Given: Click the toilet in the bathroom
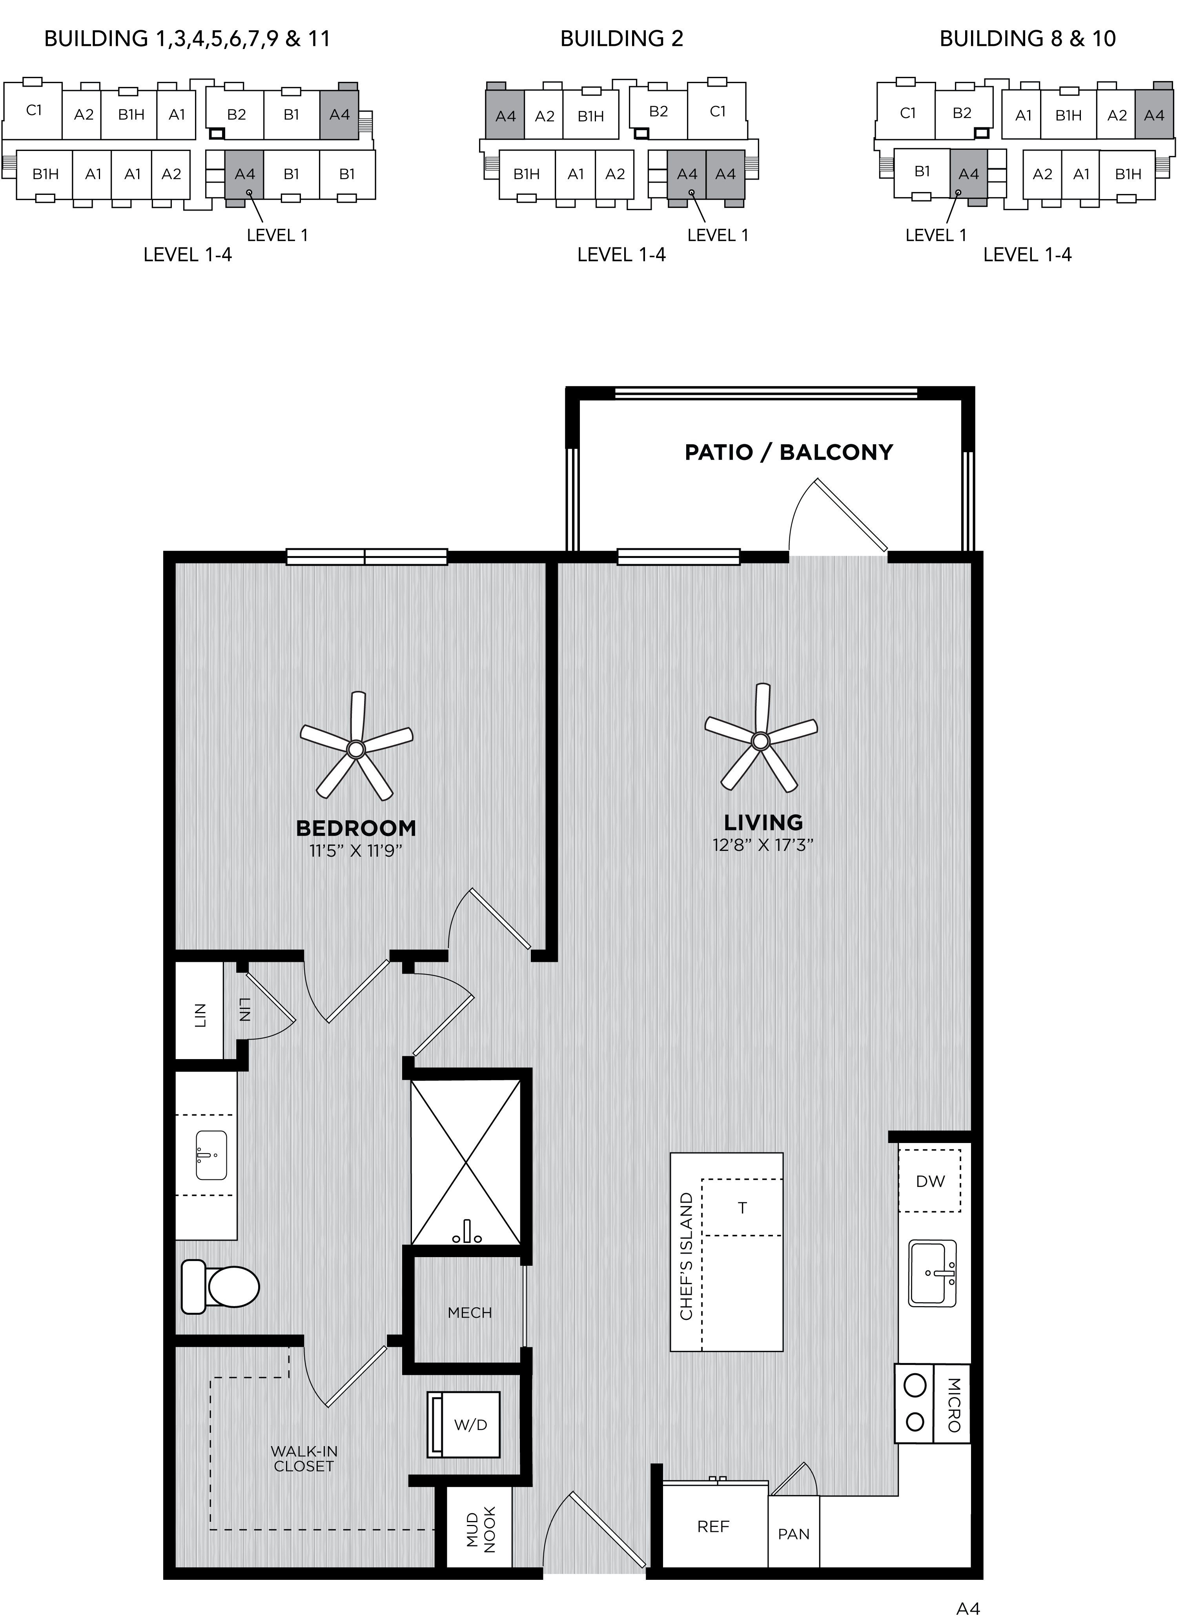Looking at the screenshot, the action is click(x=220, y=1287).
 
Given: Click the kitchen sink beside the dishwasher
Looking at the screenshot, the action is click(x=933, y=1273).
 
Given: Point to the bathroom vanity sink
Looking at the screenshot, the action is click(x=211, y=1155).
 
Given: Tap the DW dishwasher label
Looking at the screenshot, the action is click(x=930, y=1181).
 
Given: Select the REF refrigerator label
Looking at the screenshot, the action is click(x=713, y=1527).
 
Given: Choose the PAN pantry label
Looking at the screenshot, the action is click(x=794, y=1534).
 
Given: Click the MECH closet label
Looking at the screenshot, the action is click(x=470, y=1313).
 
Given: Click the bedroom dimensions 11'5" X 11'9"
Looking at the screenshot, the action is click(x=356, y=850).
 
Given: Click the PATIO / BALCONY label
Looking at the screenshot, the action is click(x=789, y=452).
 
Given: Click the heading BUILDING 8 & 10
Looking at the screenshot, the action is click(x=1028, y=38).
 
